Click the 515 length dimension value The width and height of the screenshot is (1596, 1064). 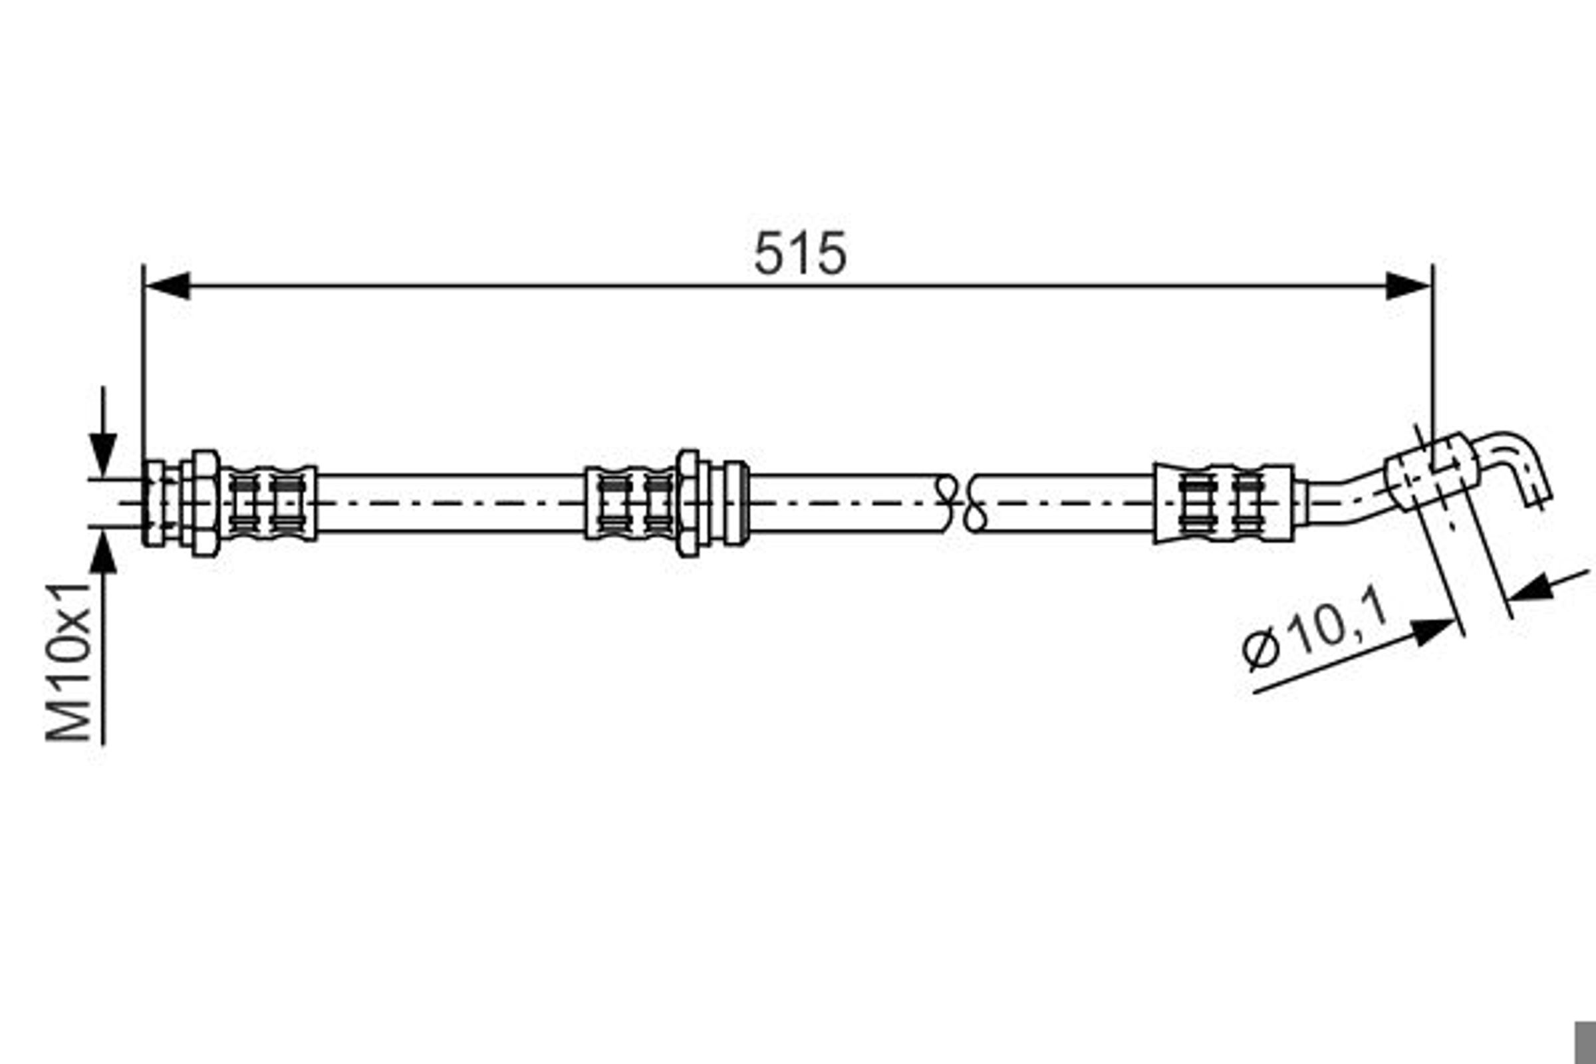coord(800,253)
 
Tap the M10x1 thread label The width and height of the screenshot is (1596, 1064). coord(68,662)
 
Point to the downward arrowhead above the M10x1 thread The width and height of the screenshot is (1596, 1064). coord(103,454)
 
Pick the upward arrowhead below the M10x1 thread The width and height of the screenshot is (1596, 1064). coord(103,553)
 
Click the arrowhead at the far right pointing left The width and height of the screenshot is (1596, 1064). coord(1529,588)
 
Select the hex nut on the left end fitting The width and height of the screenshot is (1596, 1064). coord(204,503)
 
